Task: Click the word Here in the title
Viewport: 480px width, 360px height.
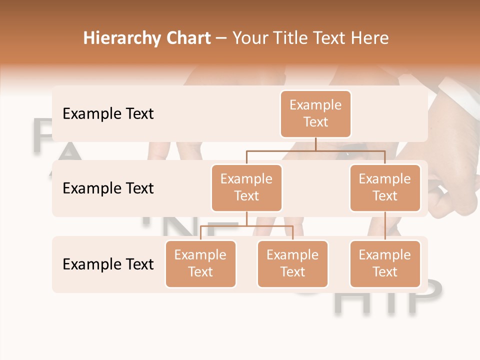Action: click(x=368, y=38)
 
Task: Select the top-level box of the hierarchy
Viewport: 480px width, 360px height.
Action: click(x=315, y=113)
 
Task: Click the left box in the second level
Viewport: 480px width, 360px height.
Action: click(x=246, y=187)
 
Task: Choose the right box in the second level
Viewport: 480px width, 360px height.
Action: click(x=385, y=187)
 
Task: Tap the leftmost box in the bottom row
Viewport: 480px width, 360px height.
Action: click(x=200, y=263)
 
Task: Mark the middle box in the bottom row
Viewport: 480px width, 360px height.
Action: click(x=292, y=263)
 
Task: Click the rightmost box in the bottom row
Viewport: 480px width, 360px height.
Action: click(x=385, y=263)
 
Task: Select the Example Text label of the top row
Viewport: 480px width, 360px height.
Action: click(x=108, y=113)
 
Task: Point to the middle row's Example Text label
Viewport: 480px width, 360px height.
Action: click(x=108, y=188)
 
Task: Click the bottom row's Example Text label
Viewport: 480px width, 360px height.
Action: click(x=108, y=264)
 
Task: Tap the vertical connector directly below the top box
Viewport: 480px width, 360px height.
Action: click(x=315, y=144)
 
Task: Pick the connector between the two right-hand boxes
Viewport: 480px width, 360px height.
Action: click(x=385, y=225)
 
